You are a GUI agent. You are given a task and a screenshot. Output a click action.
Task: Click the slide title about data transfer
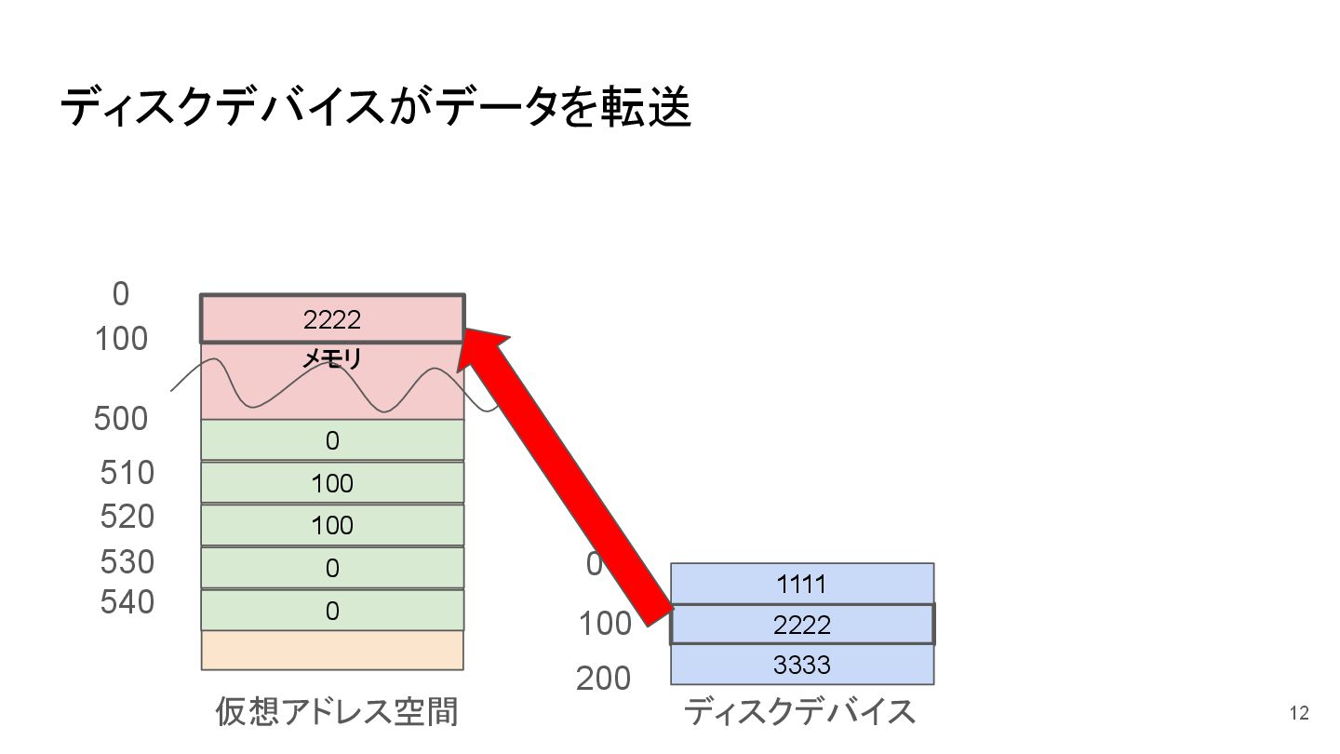click(x=375, y=109)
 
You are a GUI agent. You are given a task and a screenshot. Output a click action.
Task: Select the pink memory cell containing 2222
click(x=332, y=319)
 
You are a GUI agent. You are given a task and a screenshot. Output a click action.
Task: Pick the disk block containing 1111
click(x=801, y=584)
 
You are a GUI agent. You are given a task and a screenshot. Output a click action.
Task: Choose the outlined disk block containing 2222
click(x=801, y=624)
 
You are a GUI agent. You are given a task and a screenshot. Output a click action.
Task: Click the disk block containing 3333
click(x=801, y=665)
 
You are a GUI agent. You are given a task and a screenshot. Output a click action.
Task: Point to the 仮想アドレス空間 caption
click(x=337, y=711)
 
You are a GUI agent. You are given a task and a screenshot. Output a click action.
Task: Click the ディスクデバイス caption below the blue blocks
click(x=800, y=711)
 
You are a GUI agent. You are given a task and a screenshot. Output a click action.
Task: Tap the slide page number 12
click(x=1299, y=714)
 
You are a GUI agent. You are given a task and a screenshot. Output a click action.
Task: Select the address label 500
click(x=121, y=419)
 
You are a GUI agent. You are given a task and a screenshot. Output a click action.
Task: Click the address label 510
click(x=127, y=473)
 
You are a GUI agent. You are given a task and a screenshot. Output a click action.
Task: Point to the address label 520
click(x=127, y=516)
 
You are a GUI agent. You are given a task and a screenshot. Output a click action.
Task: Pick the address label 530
click(x=127, y=561)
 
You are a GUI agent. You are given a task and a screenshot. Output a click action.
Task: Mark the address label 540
click(x=127, y=602)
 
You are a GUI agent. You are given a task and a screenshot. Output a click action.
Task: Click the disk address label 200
click(x=603, y=679)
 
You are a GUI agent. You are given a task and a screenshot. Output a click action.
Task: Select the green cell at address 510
click(x=332, y=482)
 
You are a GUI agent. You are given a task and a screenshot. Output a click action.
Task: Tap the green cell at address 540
click(x=332, y=610)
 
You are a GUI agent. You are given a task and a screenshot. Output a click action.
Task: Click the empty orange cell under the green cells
click(x=332, y=650)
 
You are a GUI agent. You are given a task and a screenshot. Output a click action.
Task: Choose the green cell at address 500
click(x=332, y=439)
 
